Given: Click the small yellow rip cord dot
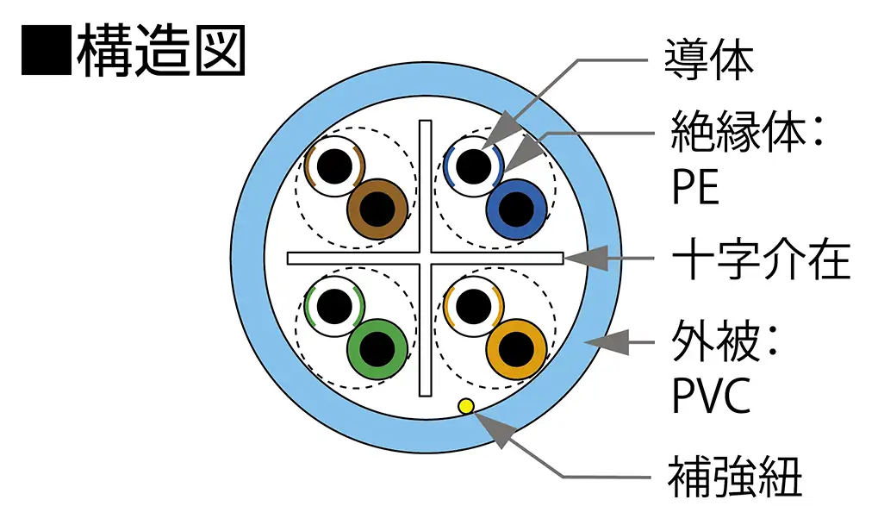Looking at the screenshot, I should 466,405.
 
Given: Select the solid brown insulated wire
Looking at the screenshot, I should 377,209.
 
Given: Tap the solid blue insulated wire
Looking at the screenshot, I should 515,209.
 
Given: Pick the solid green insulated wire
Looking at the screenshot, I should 377,347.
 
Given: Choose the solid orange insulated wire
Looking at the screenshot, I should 515,347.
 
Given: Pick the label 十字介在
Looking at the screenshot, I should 760,259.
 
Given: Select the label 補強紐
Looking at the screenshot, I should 735,476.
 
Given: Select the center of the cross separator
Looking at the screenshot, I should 425,258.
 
